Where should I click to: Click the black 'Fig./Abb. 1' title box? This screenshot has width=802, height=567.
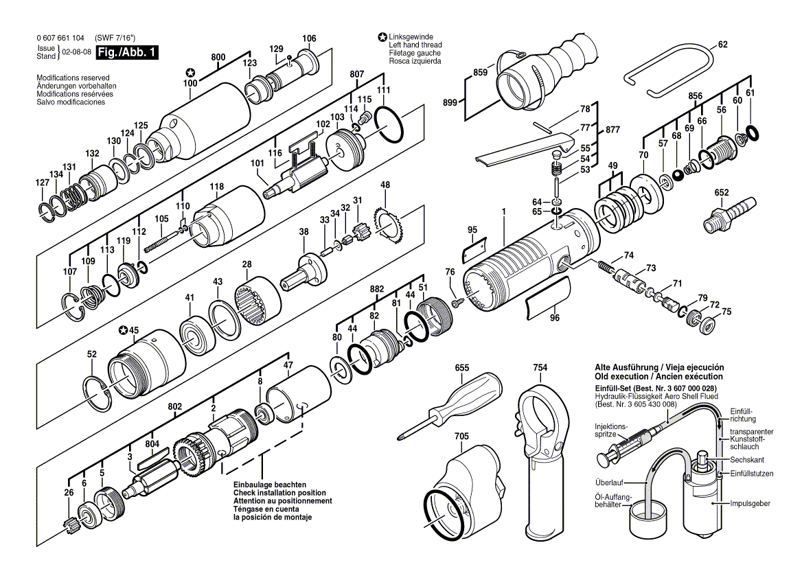[x=127, y=52]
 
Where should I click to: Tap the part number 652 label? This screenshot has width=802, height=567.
[x=722, y=193]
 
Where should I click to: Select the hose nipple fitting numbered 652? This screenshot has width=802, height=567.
[x=724, y=213]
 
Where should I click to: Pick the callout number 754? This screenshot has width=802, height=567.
[x=540, y=367]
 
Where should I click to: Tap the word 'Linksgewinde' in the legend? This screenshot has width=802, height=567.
[x=410, y=37]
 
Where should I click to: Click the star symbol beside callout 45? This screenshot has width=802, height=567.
[x=123, y=331]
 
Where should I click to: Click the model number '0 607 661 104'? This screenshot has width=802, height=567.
[x=60, y=38]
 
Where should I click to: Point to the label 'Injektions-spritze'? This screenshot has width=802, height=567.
[x=611, y=430]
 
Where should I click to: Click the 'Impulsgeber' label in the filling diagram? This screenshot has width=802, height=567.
[x=750, y=504]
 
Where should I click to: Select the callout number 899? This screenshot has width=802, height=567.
[x=450, y=103]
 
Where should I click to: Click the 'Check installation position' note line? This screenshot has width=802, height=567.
[x=279, y=492]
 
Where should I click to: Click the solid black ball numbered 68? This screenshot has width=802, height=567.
[x=678, y=175]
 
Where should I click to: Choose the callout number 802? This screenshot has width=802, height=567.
[x=175, y=407]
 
